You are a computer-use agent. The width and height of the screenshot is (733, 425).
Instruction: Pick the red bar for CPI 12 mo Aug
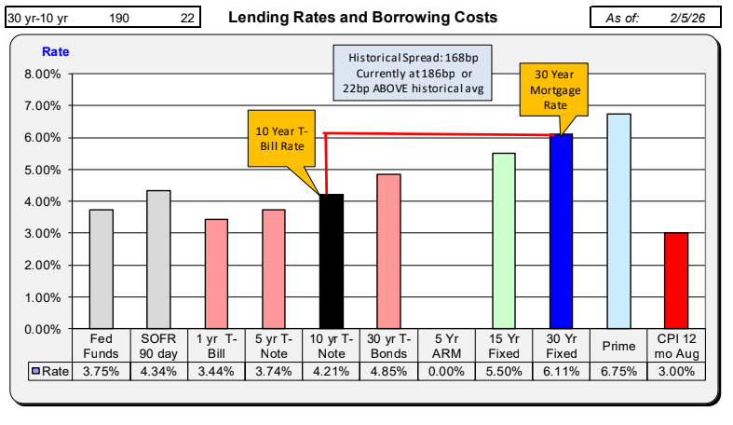pos(675,281)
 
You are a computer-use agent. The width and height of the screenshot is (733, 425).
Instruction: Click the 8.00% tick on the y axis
pos(42,75)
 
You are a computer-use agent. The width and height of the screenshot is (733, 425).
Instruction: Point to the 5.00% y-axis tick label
pos(42,171)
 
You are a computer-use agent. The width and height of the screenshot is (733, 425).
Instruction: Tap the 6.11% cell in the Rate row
pos(561,371)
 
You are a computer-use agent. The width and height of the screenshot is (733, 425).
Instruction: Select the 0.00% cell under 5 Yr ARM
pos(446,371)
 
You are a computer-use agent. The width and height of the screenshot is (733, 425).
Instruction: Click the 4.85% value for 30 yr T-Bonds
pos(388,371)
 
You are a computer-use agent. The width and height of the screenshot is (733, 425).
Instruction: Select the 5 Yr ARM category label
pos(446,346)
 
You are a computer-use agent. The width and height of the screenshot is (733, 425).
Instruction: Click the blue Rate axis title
pos(56,51)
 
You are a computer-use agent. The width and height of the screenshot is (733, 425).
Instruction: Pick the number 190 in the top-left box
pos(119,18)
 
